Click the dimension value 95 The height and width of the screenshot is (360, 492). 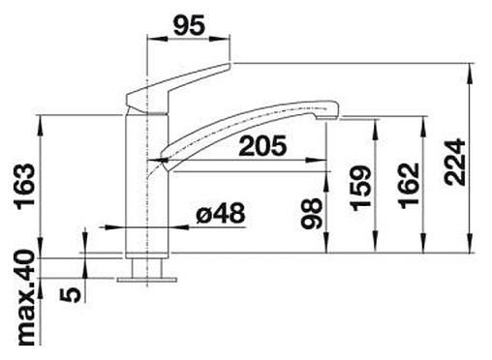click(x=189, y=25)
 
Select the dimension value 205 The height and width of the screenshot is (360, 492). click(x=262, y=145)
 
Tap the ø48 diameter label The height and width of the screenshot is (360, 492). click(x=221, y=213)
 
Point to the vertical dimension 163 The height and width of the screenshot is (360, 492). click(x=25, y=187)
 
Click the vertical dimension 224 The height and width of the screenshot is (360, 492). click(x=454, y=163)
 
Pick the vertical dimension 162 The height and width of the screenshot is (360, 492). click(x=409, y=186)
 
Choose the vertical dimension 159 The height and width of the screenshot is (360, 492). click(x=361, y=188)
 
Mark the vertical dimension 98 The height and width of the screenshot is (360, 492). click(x=312, y=213)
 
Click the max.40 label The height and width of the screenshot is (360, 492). click(x=25, y=298)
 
